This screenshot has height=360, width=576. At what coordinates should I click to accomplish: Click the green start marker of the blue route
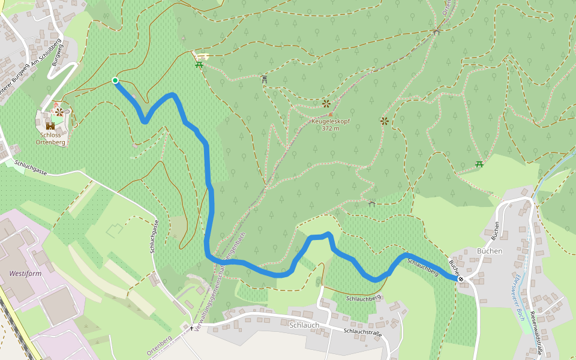(x=115, y=80)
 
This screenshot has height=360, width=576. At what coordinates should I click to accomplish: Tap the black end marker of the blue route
(x=460, y=278)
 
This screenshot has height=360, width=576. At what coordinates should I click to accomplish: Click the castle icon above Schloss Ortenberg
(x=50, y=125)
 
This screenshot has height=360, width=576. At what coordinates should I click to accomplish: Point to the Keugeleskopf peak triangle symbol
(x=330, y=114)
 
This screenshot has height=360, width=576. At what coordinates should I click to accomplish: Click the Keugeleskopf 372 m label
(x=330, y=125)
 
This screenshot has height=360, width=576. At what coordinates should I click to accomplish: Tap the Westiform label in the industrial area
(x=25, y=273)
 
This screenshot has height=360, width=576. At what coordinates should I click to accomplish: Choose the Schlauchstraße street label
(x=363, y=333)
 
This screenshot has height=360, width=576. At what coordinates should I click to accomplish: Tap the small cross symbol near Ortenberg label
(x=192, y=328)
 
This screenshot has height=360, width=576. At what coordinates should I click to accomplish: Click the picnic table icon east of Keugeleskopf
(x=479, y=164)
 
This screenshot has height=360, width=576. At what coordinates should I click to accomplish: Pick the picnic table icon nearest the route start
(x=199, y=65)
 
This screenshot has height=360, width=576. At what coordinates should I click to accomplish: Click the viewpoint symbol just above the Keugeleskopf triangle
(x=326, y=104)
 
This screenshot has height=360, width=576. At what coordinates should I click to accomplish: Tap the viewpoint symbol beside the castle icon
(x=59, y=112)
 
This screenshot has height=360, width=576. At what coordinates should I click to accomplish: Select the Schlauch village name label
(x=304, y=325)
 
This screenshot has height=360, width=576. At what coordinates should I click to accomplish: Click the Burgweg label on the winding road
(x=58, y=54)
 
